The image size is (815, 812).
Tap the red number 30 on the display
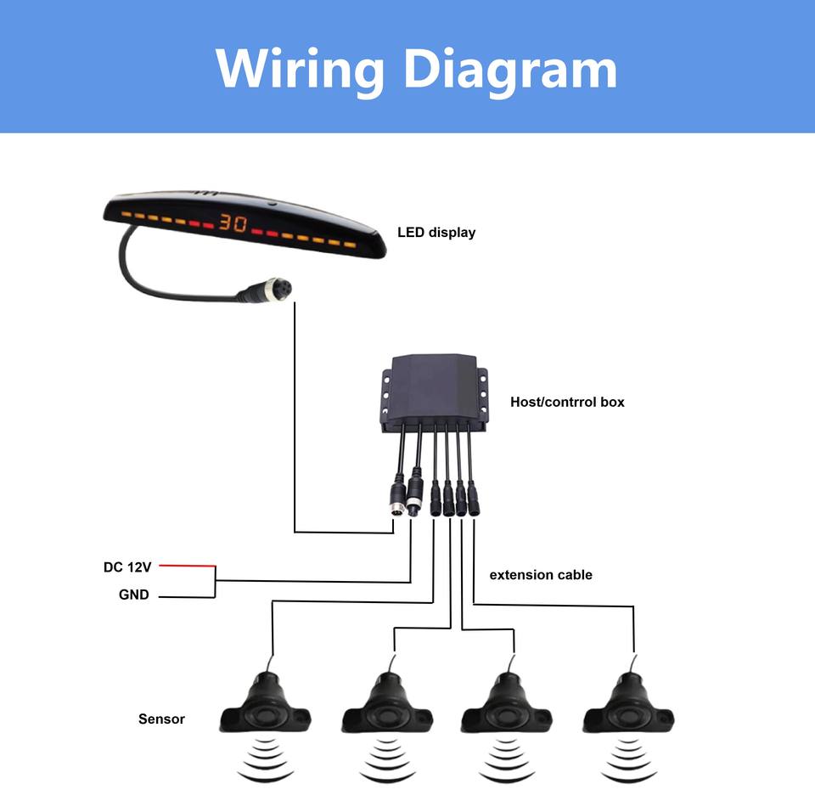[233, 223]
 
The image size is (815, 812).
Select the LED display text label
[436, 233]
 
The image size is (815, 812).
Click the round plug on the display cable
[268, 290]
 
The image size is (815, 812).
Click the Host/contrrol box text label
[567, 402]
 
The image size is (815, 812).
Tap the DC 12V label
[127, 567]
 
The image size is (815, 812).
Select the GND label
[133, 595]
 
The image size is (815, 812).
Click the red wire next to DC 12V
[187, 566]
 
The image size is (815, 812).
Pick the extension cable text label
[541, 575]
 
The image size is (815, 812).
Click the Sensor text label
[161, 719]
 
